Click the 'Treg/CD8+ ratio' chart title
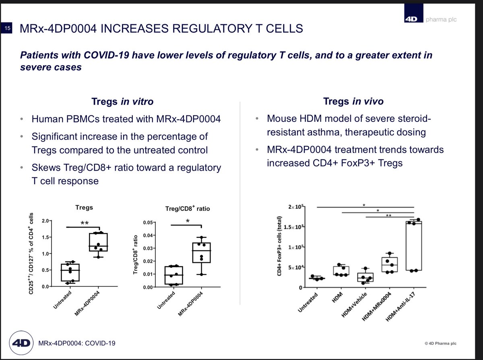188,209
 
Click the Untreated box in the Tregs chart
70,272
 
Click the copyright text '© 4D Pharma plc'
440,343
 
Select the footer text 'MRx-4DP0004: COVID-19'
77,343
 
